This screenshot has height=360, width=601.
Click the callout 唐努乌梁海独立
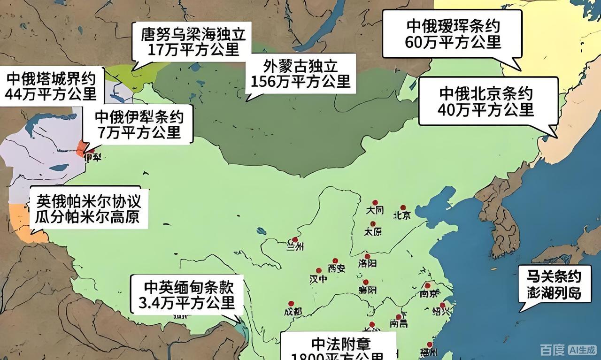coord(193,41)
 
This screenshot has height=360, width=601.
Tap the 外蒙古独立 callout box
coord(300,74)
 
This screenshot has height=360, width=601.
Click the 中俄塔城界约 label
coord(51,86)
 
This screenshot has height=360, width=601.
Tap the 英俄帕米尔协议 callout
coord(88,209)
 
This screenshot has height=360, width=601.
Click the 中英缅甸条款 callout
coord(187,295)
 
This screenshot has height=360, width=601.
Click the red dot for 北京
coord(402,207)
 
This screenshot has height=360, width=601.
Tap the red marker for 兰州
coord(294,239)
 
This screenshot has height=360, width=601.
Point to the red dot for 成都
coord(291,304)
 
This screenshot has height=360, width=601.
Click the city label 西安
coord(336,268)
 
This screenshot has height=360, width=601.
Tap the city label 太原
coord(372,231)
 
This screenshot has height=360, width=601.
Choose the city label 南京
coord(429,293)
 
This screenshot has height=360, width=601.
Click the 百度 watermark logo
coord(552,350)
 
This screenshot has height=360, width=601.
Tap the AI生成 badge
coord(582,350)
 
